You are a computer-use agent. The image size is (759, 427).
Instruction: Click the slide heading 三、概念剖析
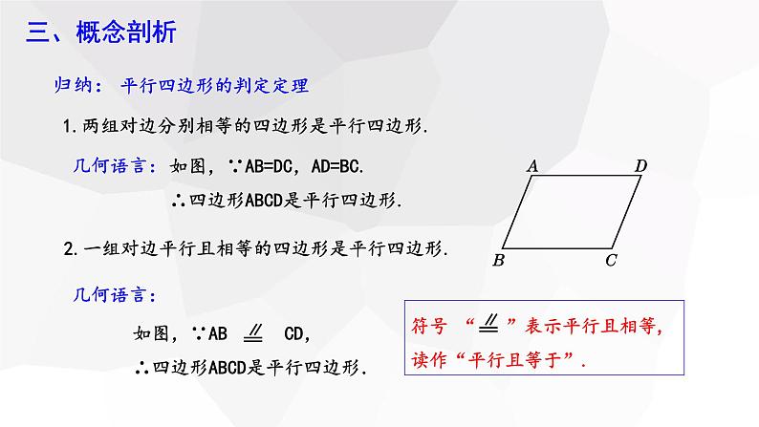click(100, 32)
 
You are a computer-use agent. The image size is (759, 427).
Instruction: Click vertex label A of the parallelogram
click(532, 166)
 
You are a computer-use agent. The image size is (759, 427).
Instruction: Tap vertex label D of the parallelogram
click(640, 166)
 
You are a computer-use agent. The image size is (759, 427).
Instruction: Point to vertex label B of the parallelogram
click(499, 260)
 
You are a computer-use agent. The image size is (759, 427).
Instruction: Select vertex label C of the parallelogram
click(611, 260)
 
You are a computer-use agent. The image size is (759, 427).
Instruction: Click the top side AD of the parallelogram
click(587, 176)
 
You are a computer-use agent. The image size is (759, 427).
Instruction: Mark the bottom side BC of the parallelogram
click(557, 248)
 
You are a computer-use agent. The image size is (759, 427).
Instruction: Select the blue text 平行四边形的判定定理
click(214, 86)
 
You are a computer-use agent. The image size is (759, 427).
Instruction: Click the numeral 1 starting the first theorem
click(68, 127)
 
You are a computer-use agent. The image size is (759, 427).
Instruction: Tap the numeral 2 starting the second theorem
click(69, 249)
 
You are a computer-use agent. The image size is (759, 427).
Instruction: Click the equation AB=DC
click(269, 167)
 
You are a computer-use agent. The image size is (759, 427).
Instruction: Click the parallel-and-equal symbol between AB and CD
click(253, 332)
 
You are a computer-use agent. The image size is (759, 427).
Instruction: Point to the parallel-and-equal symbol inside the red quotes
click(488, 323)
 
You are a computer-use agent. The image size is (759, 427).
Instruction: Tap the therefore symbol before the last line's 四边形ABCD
click(141, 369)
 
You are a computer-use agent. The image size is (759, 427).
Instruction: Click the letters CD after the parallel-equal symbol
click(293, 333)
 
